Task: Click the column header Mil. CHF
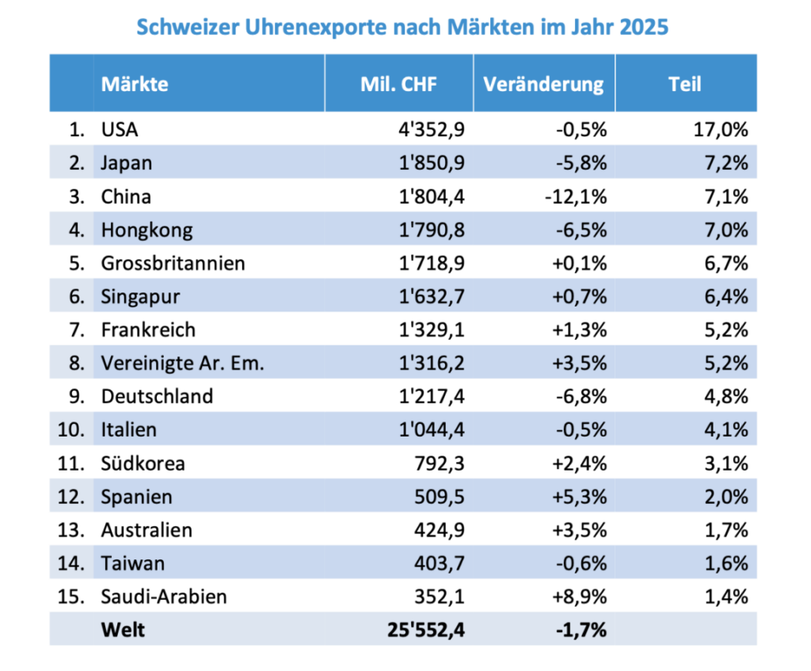pyautogui.click(x=398, y=84)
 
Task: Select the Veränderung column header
pyautogui.click(x=543, y=84)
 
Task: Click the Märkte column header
pyautogui.click(x=135, y=84)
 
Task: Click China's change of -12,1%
pyautogui.click(x=577, y=196)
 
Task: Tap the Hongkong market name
pyautogui.click(x=147, y=230)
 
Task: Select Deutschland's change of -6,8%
pyautogui.click(x=581, y=396)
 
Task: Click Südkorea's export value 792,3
pyautogui.click(x=442, y=463)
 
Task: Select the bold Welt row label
pyautogui.click(x=123, y=630)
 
